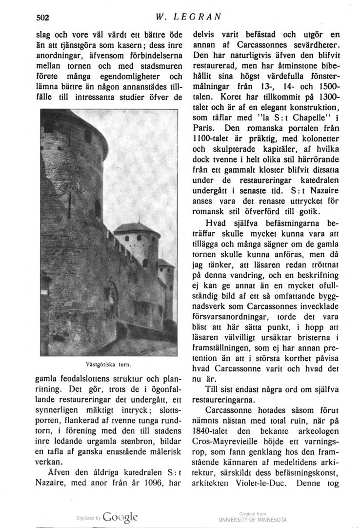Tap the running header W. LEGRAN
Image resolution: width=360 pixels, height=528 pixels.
point(187,16)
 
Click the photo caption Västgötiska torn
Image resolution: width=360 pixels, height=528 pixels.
point(109,364)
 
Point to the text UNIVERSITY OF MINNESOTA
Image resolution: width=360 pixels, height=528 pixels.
point(253,519)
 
